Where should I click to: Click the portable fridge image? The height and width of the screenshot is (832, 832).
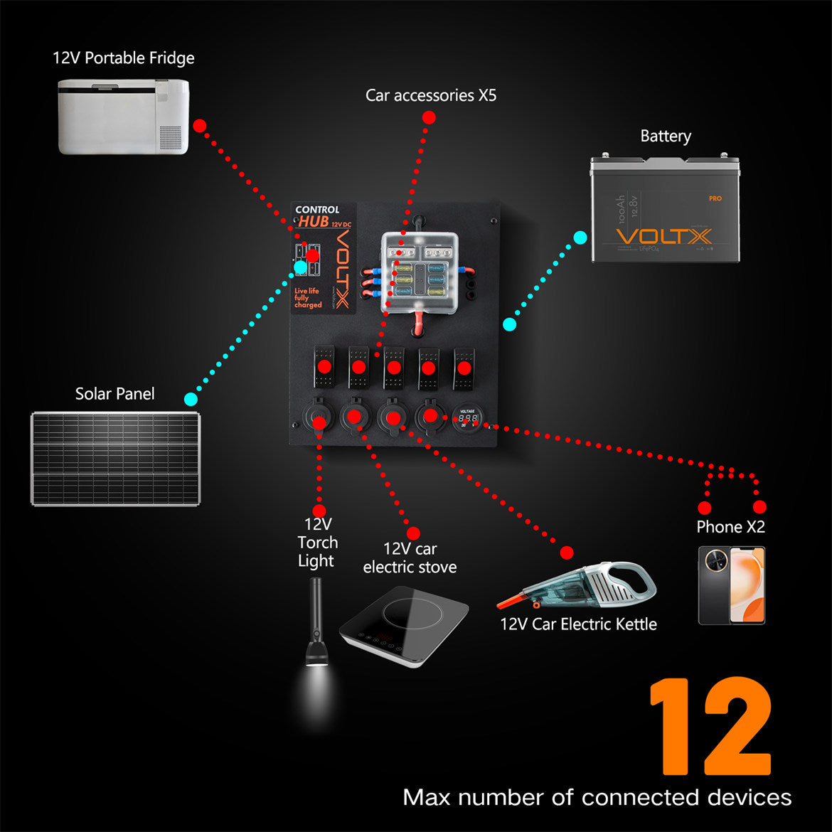pos(123,116)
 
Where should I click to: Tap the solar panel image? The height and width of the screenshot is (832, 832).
pos(115,459)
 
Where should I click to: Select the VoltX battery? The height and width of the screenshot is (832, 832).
pos(665,210)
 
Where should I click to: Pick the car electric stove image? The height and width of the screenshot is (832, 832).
pos(403,617)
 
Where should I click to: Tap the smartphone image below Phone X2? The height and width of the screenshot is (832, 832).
pos(732,585)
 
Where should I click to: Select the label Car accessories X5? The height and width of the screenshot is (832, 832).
pos(431,95)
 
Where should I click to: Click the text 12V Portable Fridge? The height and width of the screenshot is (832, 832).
pos(123,58)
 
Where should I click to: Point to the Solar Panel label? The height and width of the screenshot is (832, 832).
pos(114,394)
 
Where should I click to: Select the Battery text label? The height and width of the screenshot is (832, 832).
pos(666,136)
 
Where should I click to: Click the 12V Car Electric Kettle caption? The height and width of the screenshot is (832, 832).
pos(578,624)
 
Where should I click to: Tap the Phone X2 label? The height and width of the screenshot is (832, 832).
pos(730,527)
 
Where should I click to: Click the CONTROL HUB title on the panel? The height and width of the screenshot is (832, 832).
pos(317,215)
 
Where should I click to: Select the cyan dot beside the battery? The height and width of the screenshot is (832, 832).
pos(580,238)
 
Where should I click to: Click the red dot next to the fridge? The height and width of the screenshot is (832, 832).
pos(200,126)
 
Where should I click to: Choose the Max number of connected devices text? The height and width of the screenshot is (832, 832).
pos(597,797)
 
